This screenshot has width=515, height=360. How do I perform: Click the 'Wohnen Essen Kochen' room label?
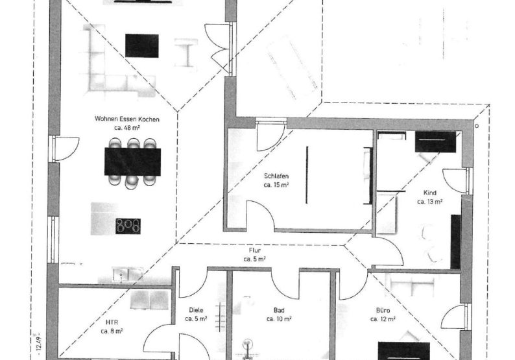coord(126,119)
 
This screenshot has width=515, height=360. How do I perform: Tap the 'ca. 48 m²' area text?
coord(127,127)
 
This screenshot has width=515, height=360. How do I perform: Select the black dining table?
coord(133,162)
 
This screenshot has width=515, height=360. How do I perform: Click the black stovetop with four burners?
coord(128,226)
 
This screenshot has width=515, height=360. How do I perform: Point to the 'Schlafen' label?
coord(276,176)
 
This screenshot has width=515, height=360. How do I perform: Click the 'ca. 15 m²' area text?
coord(276,185)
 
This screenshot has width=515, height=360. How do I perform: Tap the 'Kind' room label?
coord(429,193)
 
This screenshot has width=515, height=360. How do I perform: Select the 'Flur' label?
coord(255,250)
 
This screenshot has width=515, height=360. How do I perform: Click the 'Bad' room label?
coord(279,310)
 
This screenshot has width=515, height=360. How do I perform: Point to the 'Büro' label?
coord(383,310)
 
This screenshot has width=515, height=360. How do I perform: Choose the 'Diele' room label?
coord(196,310)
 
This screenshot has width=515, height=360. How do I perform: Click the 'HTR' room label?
coord(112,322)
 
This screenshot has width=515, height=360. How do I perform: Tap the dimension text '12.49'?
coord(39,344)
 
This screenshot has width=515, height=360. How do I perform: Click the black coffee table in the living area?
coord(142,45)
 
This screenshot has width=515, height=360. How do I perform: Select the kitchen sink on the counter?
coord(128,274)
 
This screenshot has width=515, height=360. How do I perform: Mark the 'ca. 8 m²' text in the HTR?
coord(112,331)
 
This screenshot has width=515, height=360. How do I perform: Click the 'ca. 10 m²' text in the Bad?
coord(279,319)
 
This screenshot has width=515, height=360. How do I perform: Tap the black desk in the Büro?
coord(404,351)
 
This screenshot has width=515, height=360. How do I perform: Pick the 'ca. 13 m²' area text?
coord(429,202)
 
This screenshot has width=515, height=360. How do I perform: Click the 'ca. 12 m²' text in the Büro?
coord(383,319)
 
